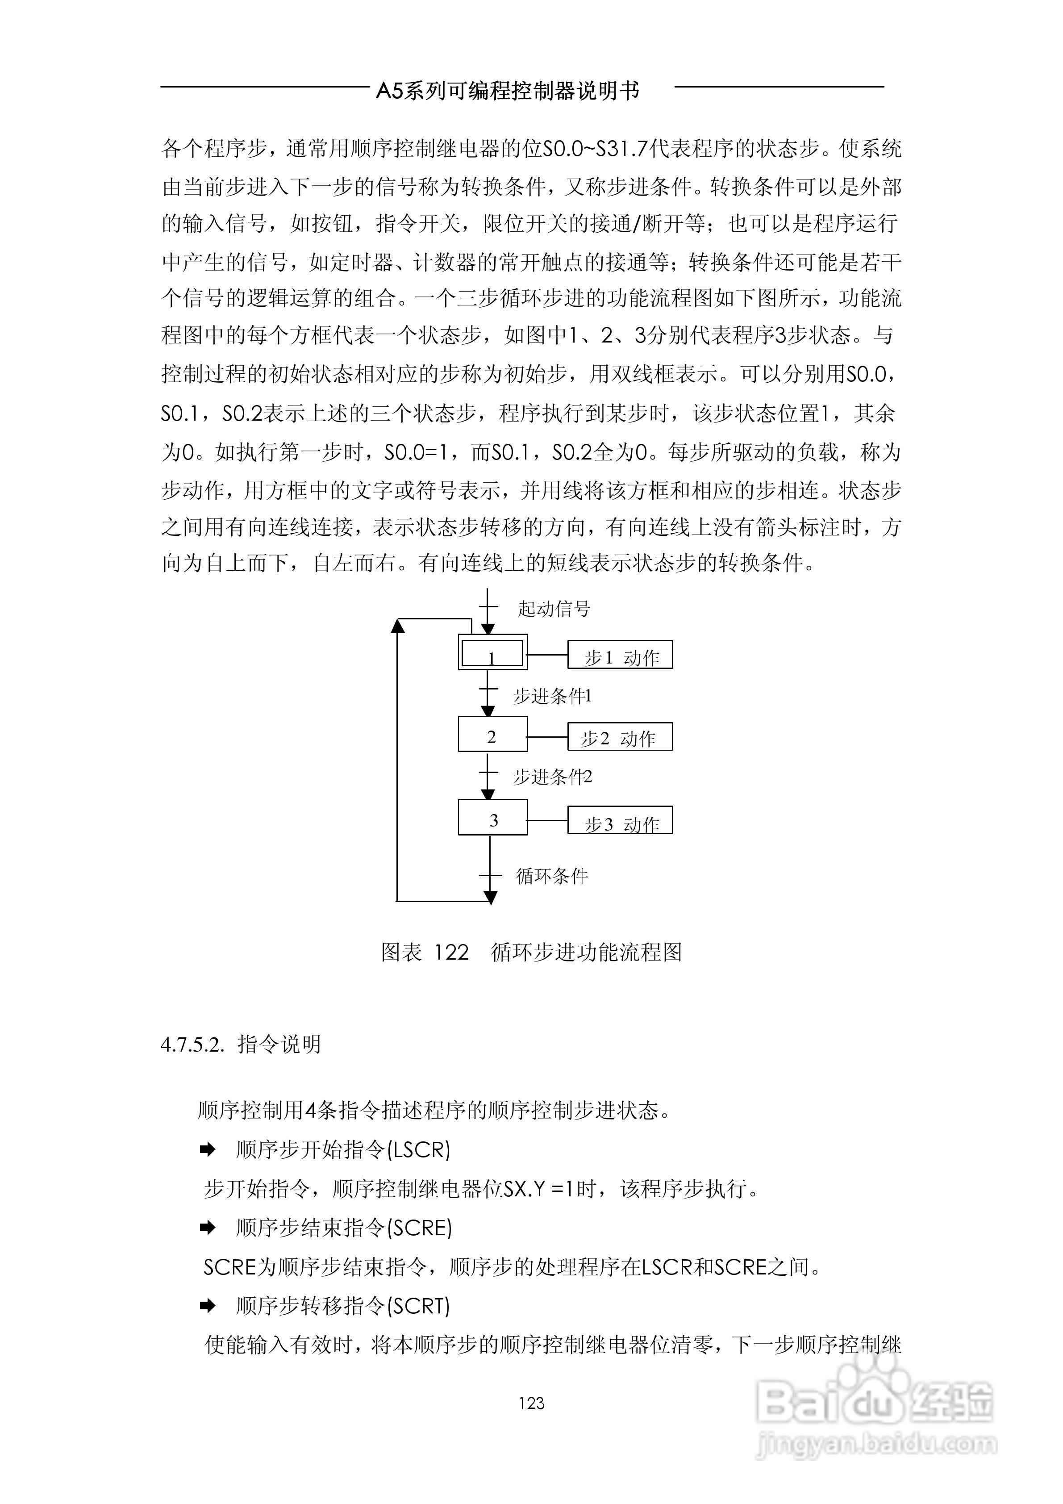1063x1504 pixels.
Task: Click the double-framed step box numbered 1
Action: click(492, 652)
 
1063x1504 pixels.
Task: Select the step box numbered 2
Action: click(492, 734)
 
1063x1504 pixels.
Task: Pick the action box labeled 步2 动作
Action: click(620, 737)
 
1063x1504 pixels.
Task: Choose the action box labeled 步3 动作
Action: click(620, 821)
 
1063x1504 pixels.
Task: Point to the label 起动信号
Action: click(554, 609)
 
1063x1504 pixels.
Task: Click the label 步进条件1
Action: click(553, 696)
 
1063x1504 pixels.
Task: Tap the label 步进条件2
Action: click(553, 777)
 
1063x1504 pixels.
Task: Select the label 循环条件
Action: click(552, 876)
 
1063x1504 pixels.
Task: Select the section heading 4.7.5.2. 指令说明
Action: click(240, 1044)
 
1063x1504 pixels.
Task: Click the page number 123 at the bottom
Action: click(531, 1403)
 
